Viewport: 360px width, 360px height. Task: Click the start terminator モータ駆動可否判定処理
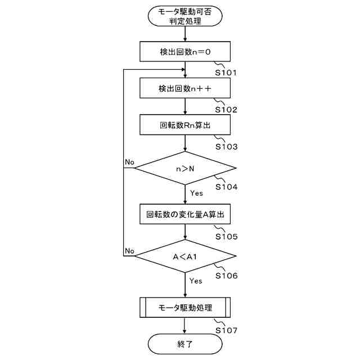184,17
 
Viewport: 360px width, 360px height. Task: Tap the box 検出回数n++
184,88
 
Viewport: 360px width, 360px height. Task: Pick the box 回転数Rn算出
184,124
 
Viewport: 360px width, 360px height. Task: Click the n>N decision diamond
184,167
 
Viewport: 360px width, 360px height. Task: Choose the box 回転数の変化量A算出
184,214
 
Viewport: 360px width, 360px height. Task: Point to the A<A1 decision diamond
184,257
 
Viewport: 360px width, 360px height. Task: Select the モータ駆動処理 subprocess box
184,308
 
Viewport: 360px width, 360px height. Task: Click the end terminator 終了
184,344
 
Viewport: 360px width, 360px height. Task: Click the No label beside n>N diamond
129,162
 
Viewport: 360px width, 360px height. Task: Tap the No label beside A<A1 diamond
129,250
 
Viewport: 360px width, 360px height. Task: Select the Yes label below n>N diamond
196,193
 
